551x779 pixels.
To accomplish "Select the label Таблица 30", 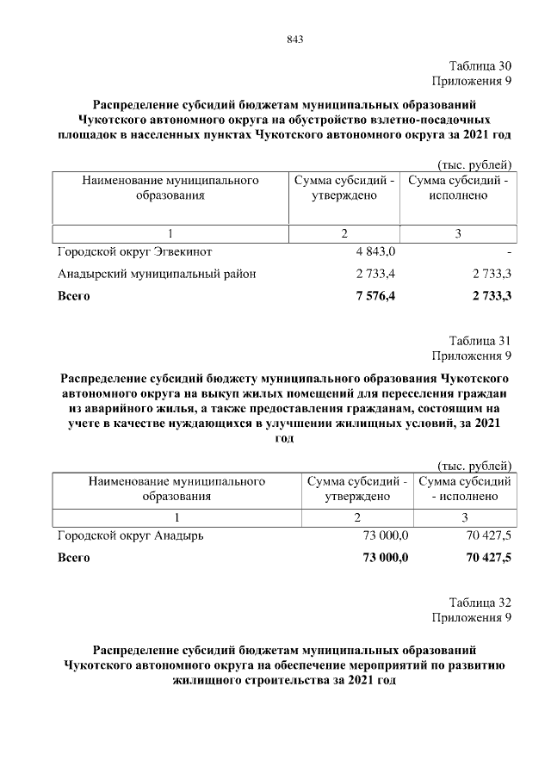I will pos(480,66).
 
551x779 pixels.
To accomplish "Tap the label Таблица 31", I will pos(480,341).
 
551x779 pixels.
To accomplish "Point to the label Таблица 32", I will pos(480,603).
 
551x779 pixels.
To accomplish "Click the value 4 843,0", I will pos(375,252).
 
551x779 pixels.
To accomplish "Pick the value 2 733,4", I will pos(375,275).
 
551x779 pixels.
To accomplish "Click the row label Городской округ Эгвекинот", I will pos(134,252).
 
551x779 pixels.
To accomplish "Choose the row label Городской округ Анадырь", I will pos(130,535).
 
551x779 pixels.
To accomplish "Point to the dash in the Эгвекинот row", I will pos(510,252).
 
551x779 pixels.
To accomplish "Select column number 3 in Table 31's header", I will pos(464,517).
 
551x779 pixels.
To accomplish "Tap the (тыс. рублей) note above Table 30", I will pos(475,164).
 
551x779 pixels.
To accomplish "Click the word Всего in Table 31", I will pos(73,558).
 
